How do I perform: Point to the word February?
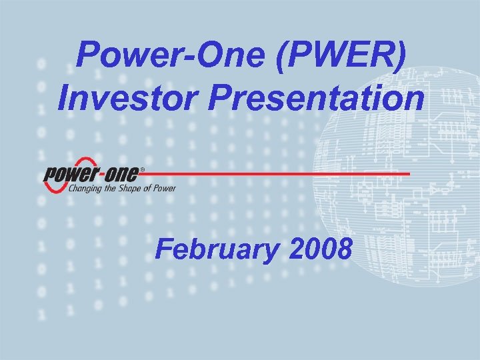217,249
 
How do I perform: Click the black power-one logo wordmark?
91,175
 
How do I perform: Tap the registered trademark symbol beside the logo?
141,169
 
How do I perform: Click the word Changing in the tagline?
84,189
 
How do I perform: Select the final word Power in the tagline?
165,189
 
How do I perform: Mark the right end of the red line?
408,173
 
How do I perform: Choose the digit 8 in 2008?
344,249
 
